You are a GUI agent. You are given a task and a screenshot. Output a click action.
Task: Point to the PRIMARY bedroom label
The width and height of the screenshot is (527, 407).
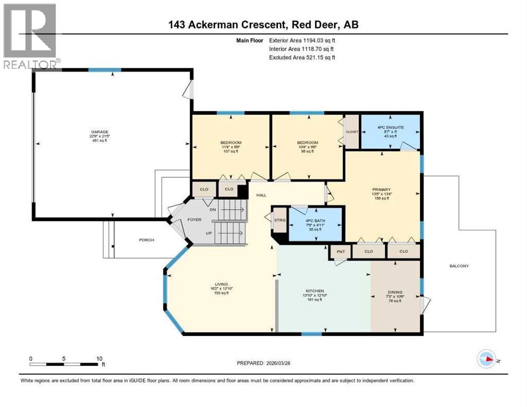coord(381,190)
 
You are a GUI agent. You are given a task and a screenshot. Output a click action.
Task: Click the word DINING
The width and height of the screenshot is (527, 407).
coord(395,292)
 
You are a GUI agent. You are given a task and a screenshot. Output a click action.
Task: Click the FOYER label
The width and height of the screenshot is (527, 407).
coord(194,219)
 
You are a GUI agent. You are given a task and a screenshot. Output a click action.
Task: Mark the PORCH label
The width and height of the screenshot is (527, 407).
coord(146,240)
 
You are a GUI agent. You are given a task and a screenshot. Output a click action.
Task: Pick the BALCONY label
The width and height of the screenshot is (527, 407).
coord(459,266)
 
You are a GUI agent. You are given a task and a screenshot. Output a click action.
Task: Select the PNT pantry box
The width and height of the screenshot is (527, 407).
coord(340,251)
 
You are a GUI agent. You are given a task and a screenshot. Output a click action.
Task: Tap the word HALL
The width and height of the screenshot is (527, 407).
coord(261,195)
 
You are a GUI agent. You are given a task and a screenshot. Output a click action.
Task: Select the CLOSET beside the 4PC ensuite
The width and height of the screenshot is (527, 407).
coord(352,132)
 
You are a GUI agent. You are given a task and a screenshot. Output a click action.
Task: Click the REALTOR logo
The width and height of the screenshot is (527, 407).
coord(30,36)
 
